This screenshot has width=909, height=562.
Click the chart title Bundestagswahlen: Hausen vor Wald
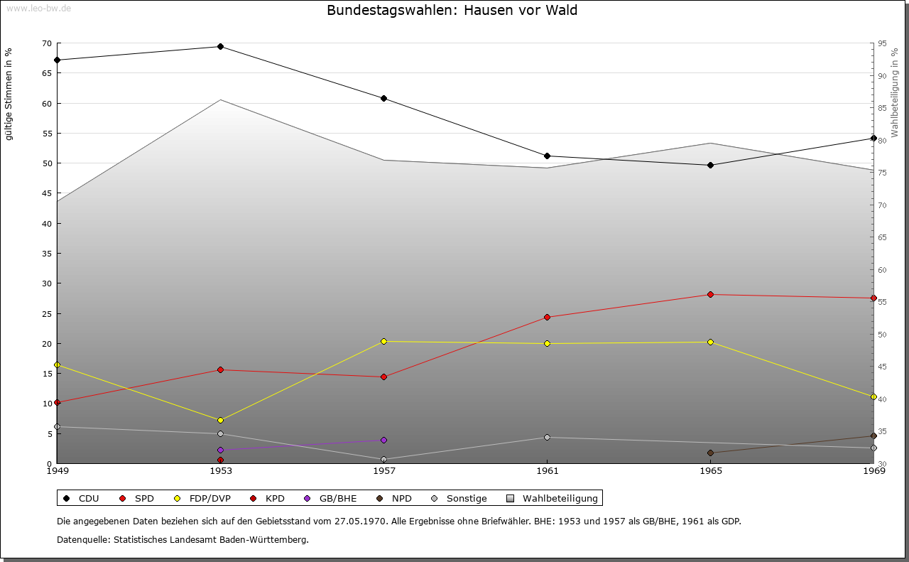(x=452, y=11)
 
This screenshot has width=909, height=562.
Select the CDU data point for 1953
(x=220, y=47)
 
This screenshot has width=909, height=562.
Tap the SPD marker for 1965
(x=710, y=294)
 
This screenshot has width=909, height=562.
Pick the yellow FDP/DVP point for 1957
(x=383, y=342)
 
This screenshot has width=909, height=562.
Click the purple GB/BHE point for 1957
(x=383, y=440)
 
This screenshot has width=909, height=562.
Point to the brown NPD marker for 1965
(x=710, y=453)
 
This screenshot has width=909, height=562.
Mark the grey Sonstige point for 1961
(x=547, y=437)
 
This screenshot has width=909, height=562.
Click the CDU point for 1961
(x=547, y=156)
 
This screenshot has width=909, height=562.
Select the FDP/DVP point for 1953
(x=220, y=420)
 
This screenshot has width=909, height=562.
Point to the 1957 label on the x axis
(x=383, y=470)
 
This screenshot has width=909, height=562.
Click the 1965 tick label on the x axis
(x=710, y=470)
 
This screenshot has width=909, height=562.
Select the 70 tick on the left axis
(x=46, y=43)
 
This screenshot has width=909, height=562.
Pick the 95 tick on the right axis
(x=881, y=43)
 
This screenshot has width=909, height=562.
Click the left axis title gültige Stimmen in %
(x=9, y=94)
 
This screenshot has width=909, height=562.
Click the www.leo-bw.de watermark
(x=38, y=8)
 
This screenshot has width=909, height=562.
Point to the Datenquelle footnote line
(x=183, y=539)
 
